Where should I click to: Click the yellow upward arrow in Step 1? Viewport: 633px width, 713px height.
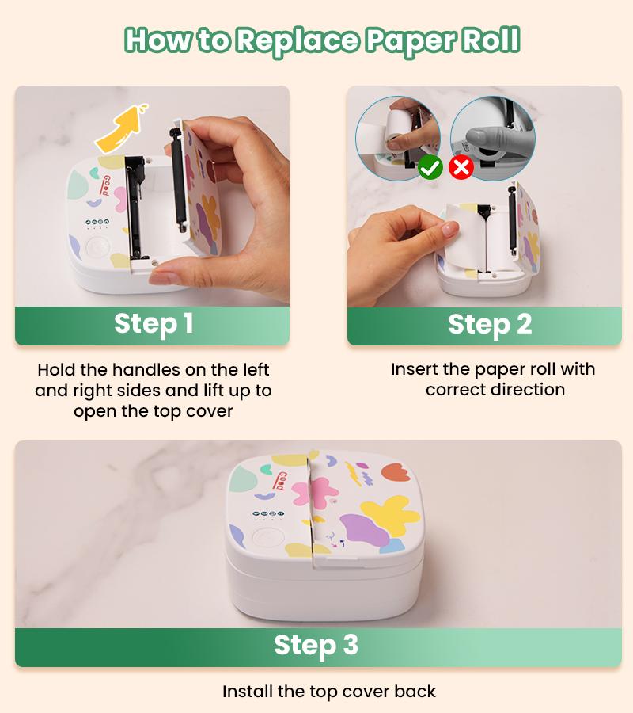tap(122, 128)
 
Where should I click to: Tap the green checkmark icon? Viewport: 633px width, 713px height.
tap(430, 168)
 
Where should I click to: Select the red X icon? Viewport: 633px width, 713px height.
tap(461, 168)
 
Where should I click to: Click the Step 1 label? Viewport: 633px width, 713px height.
tap(154, 325)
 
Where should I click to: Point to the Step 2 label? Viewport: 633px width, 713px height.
tap(490, 325)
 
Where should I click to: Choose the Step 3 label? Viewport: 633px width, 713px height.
tap(316, 646)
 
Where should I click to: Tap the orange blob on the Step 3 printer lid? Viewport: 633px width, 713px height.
tap(396, 472)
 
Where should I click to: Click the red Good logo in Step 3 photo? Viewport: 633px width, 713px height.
tap(282, 481)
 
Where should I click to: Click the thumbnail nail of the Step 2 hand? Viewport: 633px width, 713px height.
tap(451, 228)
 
